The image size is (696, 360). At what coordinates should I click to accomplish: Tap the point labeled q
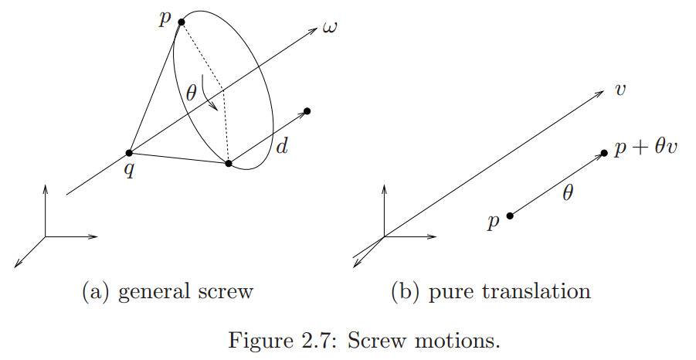tap(129, 153)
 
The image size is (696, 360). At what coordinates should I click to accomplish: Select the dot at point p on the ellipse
tap(182, 22)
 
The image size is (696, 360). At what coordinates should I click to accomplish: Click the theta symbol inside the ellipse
tap(192, 94)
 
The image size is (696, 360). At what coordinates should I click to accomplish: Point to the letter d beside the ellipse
tap(282, 145)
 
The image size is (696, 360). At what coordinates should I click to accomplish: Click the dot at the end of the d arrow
tap(307, 111)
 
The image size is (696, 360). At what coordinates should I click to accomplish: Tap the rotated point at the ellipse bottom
tap(229, 163)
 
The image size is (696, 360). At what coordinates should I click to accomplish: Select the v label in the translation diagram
tap(620, 90)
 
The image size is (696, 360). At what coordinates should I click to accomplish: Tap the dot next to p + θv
tap(604, 153)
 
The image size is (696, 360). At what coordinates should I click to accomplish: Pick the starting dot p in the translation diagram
tap(510, 216)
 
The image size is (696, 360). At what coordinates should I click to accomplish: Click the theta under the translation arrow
tap(568, 195)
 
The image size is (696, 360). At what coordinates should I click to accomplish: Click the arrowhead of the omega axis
tap(314, 30)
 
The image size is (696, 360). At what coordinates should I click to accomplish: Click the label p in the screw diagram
tap(164, 19)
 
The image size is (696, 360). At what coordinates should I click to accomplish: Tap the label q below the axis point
tap(130, 170)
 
